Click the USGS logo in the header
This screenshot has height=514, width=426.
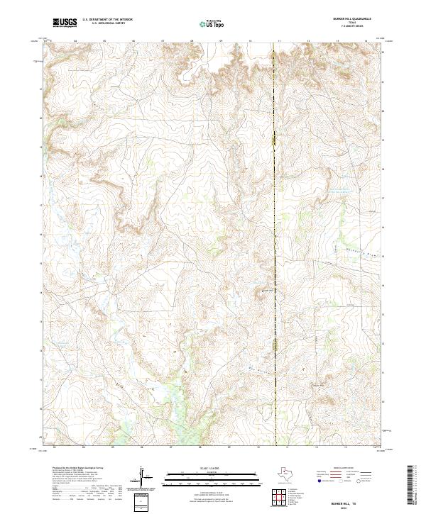pos(65,23)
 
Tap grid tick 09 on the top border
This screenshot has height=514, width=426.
pos(221,41)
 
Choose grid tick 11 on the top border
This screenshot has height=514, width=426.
pos(279,41)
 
